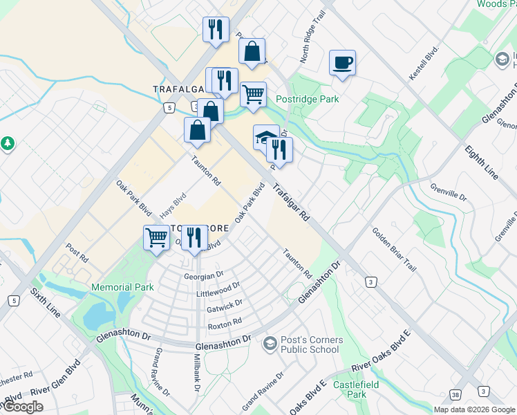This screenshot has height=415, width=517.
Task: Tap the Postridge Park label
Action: tap(307, 99)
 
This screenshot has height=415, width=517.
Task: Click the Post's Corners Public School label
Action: tap(310, 344)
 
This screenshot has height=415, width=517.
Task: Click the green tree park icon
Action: tap(8, 143)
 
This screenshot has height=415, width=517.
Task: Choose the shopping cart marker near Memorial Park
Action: tap(156, 237)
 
